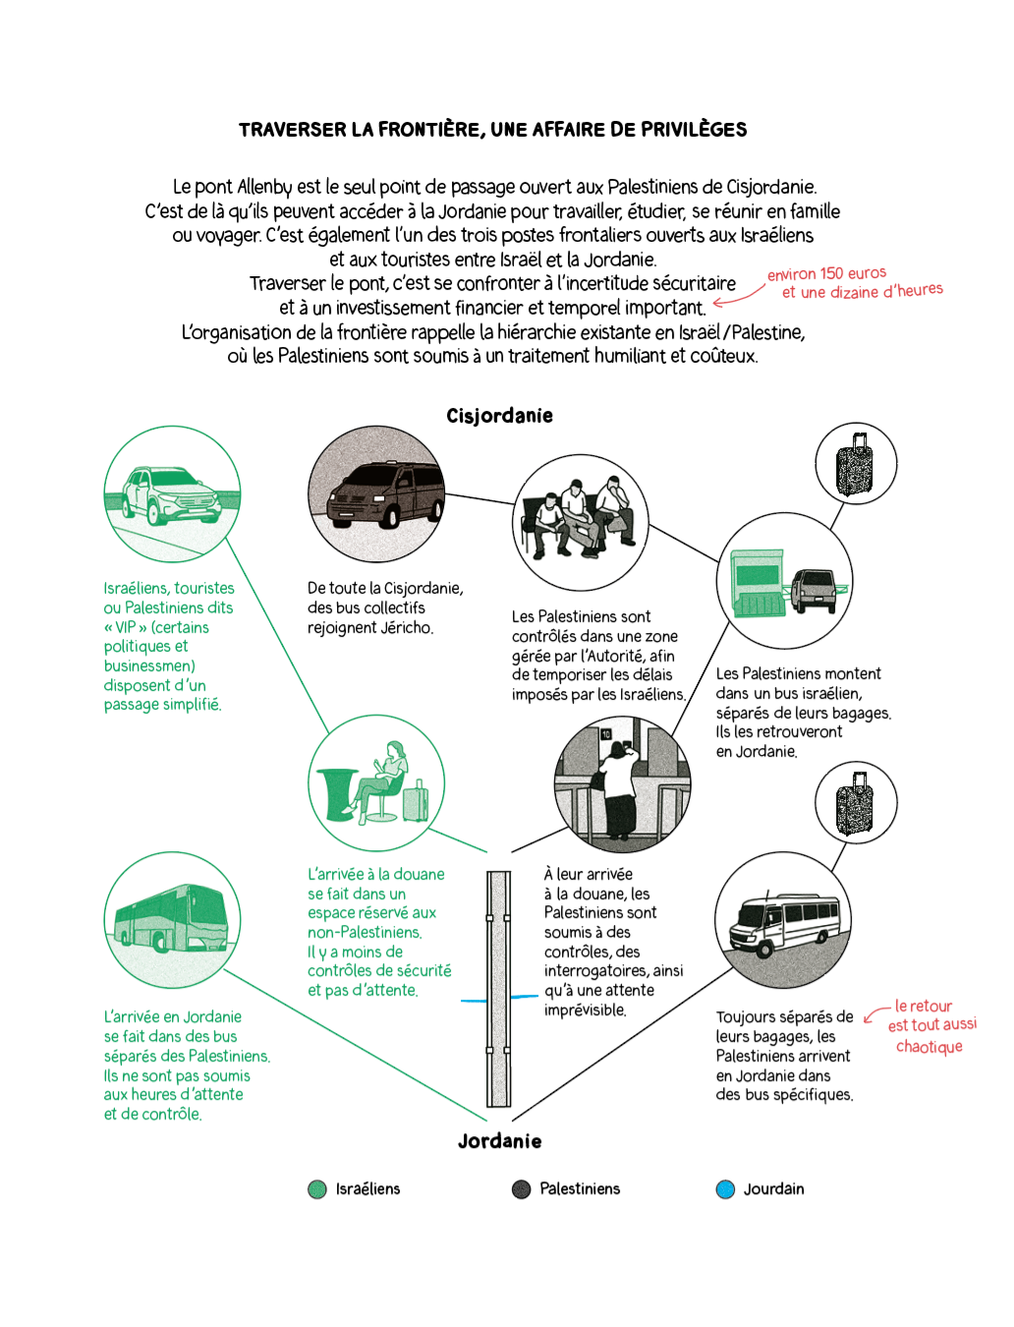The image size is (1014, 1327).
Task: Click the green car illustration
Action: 171,493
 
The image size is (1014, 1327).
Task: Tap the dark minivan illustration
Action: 385,493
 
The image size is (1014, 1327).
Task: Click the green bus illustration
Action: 171,918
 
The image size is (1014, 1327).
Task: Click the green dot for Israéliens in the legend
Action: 317,1189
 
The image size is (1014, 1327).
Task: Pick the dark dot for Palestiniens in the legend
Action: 521,1189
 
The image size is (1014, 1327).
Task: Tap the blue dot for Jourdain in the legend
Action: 725,1189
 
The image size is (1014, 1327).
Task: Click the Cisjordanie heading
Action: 499,416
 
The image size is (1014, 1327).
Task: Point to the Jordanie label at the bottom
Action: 500,1141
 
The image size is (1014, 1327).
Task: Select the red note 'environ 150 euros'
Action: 826,274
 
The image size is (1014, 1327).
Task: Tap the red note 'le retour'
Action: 923,1006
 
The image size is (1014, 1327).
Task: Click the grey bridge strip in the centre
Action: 498,989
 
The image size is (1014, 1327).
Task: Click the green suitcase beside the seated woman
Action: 416,801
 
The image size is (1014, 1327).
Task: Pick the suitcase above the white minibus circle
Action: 855,803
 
